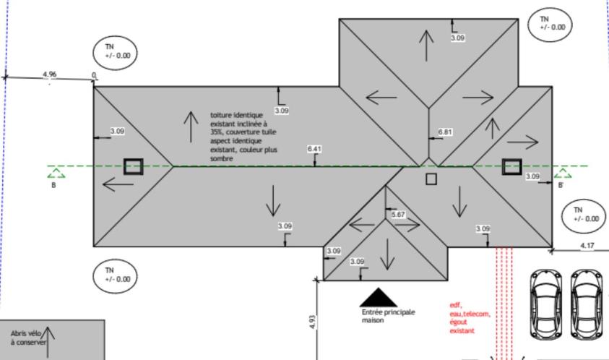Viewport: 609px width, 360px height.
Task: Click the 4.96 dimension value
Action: click(49, 74)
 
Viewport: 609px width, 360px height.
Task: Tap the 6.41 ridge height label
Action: click(314, 150)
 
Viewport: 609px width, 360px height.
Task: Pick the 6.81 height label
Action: click(446, 132)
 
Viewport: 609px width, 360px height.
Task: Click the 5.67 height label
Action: click(398, 215)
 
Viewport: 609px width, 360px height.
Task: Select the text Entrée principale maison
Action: click(387, 315)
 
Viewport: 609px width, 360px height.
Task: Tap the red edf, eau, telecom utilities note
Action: click(469, 319)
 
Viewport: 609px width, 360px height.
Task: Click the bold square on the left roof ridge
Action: click(132, 166)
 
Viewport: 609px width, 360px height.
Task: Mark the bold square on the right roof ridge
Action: click(511, 166)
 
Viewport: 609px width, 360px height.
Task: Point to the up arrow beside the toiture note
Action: click(191, 127)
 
